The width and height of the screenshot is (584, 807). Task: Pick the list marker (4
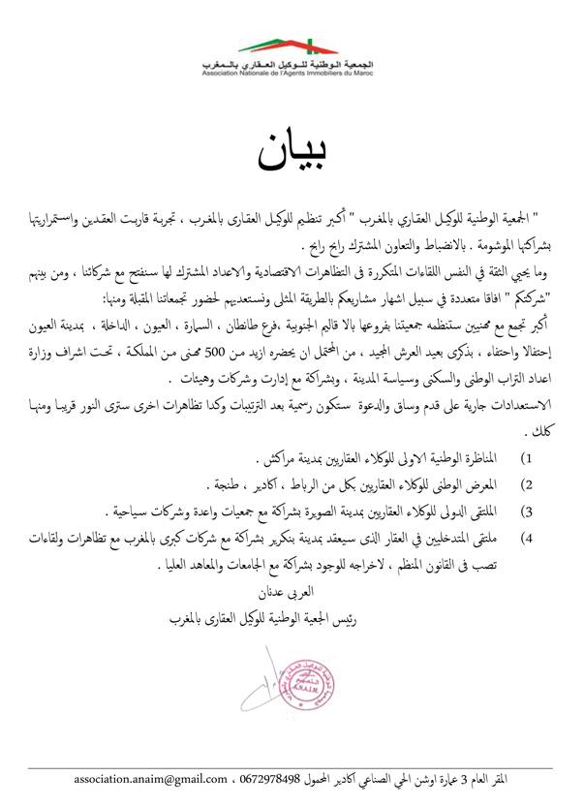coord(528,507)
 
